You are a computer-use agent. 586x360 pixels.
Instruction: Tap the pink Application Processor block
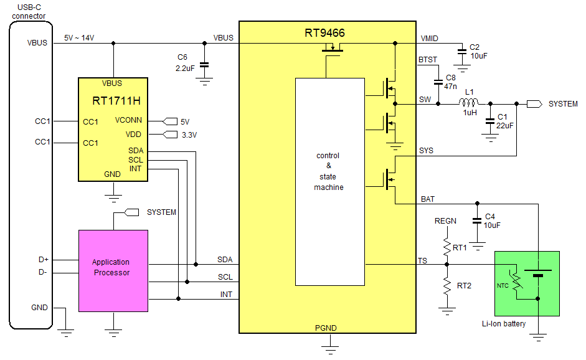click(113, 267)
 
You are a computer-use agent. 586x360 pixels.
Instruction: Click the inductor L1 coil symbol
click(469, 102)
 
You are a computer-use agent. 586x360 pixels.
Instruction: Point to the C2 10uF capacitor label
click(478, 51)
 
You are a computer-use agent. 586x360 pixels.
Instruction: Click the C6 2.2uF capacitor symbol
click(204, 64)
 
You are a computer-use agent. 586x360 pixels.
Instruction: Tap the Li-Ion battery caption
click(503, 324)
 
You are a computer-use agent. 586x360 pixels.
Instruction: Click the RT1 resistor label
click(460, 248)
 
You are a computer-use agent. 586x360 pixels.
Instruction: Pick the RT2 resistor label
click(464, 286)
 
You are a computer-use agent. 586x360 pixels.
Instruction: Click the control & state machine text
click(328, 171)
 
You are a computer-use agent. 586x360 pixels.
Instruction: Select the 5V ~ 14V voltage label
click(79, 38)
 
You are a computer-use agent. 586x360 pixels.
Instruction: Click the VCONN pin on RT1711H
click(129, 121)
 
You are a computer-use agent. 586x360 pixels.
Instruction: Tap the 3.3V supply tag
click(189, 135)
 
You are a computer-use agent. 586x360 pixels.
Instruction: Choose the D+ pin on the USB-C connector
click(43, 259)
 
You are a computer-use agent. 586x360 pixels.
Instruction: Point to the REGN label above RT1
click(445, 220)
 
